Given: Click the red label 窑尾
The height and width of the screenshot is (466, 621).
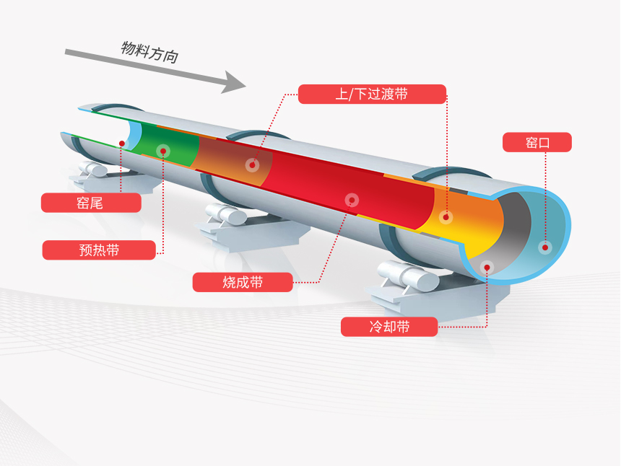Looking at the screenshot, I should click(90, 203).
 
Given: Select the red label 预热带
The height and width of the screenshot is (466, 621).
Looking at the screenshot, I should click(99, 250).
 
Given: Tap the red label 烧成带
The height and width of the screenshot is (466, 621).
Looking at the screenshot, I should click(243, 282).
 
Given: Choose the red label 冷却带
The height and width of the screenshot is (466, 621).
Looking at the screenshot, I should click(389, 327).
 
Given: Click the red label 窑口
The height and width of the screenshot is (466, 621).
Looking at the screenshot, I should click(537, 142).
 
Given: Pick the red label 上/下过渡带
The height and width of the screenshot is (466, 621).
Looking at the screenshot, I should click(372, 94).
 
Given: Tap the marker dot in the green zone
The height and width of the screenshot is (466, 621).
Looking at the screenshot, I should click(163, 151).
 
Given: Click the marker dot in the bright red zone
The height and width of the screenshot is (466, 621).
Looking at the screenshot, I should click(352, 199).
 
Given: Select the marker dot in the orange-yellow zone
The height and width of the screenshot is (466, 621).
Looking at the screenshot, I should click(446, 216).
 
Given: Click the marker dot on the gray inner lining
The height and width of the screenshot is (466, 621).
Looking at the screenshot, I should click(487, 267).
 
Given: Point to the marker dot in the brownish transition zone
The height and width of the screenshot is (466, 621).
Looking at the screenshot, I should click(252, 164).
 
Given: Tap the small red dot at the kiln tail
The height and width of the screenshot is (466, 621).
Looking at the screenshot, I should click(122, 144).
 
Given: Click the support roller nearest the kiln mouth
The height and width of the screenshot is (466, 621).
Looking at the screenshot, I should click(404, 275).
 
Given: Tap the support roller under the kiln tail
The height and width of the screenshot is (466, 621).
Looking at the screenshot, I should click(95, 170).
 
